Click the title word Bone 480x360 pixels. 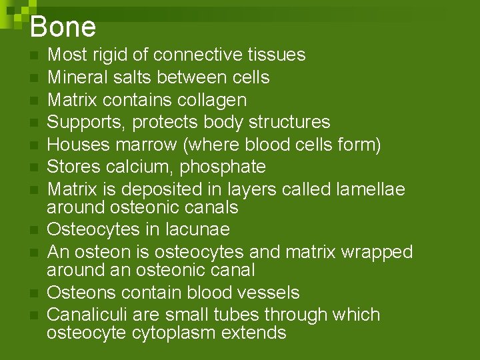pyautogui.click(x=63, y=27)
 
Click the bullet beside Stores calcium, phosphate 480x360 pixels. pyautogui.click(x=33, y=168)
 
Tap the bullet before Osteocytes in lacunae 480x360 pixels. pyautogui.click(x=33, y=231)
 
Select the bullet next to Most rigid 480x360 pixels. pyautogui.click(x=33, y=56)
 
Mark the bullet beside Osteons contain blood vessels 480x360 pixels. pyautogui.click(x=33, y=293)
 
